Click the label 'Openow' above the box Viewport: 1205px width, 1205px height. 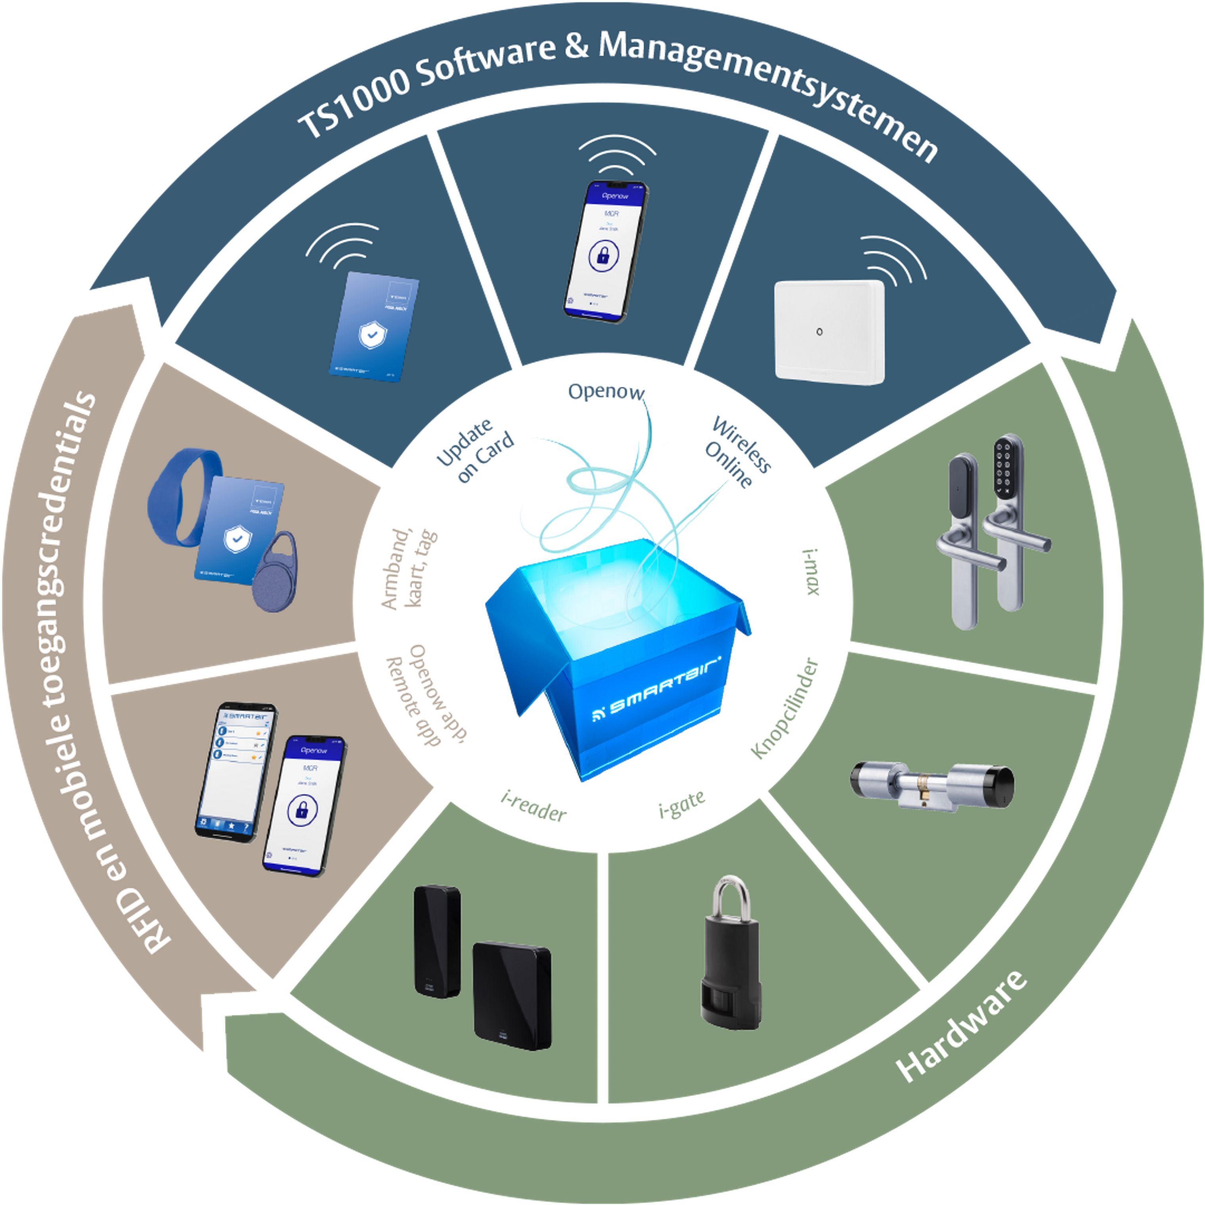click(x=605, y=392)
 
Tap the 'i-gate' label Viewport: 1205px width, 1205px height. click(x=682, y=805)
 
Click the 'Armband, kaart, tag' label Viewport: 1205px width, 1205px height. click(x=409, y=568)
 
